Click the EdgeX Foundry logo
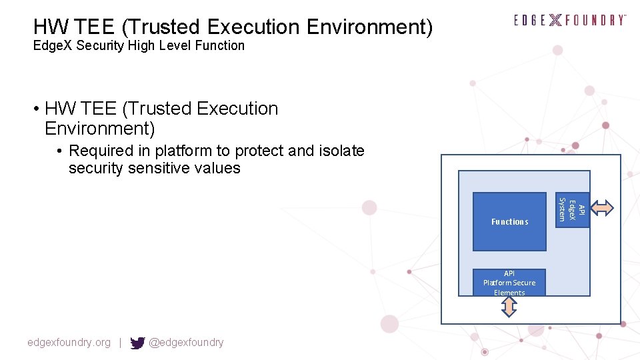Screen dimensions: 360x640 click(570, 20)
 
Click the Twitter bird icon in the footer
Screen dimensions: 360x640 click(137, 343)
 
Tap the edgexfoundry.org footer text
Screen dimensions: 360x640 click(69, 343)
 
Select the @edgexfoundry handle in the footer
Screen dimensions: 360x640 click(186, 343)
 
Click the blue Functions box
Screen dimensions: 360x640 click(509, 221)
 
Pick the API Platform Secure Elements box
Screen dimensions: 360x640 click(509, 283)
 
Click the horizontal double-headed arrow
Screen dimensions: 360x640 click(603, 208)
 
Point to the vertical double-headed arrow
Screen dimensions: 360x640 click(509, 306)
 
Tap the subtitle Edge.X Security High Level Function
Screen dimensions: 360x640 click(139, 45)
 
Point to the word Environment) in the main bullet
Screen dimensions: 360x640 click(99, 127)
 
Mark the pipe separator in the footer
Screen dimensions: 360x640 click(120, 343)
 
